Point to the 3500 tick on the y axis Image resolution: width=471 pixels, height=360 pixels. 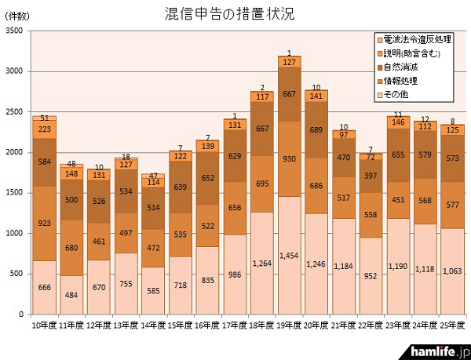[x=14, y=31]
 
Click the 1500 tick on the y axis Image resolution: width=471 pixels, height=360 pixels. [x=14, y=193]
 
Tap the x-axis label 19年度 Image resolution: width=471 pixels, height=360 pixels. [x=290, y=324]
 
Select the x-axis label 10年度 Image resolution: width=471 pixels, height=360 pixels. [x=44, y=324]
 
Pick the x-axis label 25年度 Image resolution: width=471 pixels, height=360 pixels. [x=453, y=324]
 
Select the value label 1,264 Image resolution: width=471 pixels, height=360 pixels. [x=262, y=263]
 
